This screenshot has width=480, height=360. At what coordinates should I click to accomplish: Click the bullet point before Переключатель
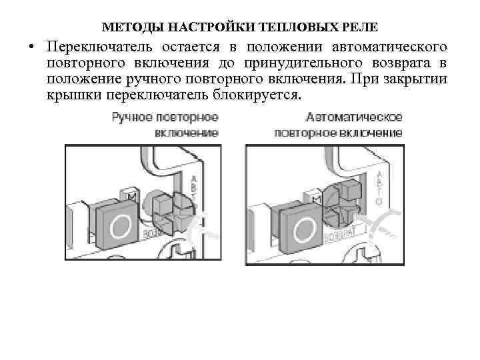[31, 48]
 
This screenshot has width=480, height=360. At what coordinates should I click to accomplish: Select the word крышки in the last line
[71, 96]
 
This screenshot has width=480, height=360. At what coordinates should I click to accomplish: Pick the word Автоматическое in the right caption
[355, 118]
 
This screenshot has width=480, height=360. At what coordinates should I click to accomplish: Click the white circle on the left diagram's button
[121, 227]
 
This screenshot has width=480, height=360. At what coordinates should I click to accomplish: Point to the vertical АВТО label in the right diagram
[379, 187]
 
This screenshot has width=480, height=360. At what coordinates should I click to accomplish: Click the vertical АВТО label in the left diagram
[193, 189]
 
